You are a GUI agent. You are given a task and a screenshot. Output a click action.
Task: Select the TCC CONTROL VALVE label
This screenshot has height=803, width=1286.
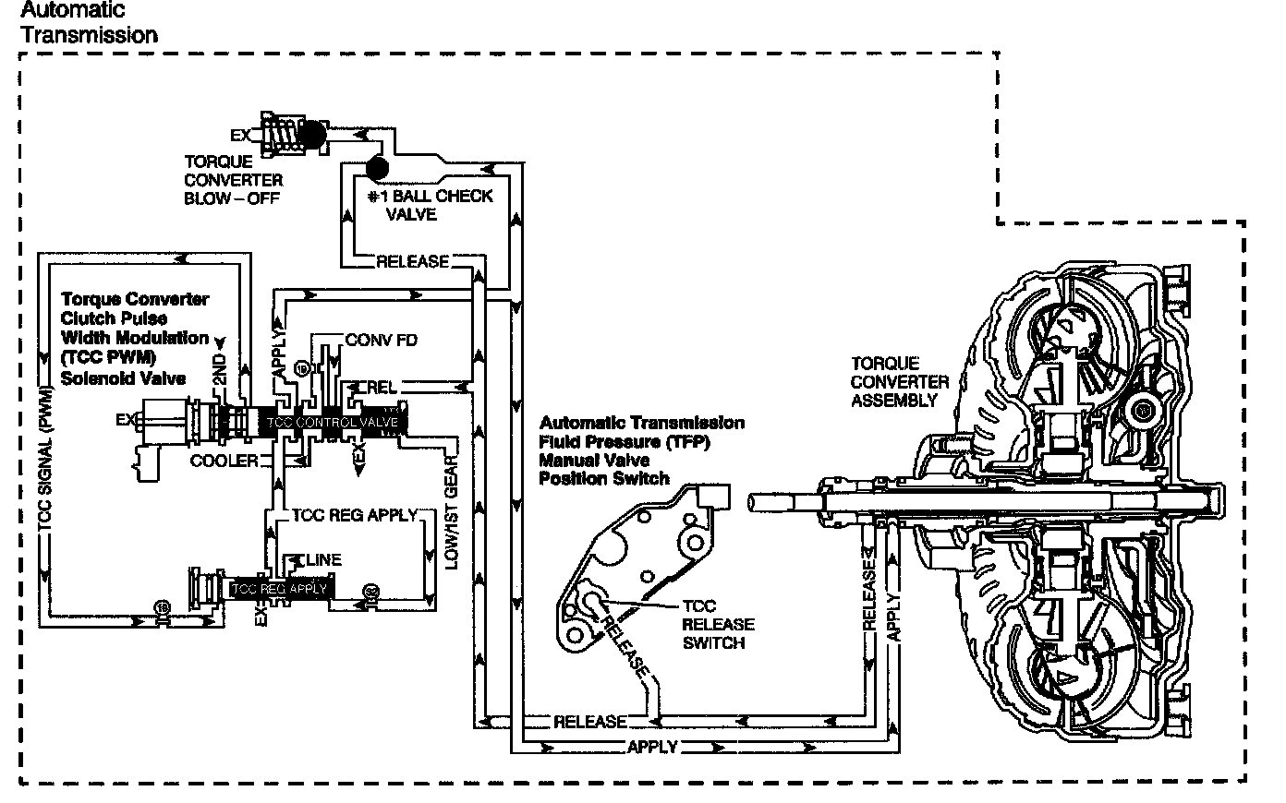pyautogui.click(x=333, y=422)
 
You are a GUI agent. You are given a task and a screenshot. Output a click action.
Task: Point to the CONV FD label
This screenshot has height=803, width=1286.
pyautogui.click(x=381, y=340)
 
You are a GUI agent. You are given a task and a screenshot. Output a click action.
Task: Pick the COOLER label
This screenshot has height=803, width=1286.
pyautogui.click(x=223, y=460)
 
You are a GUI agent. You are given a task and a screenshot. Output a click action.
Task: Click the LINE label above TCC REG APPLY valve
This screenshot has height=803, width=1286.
pyautogui.click(x=321, y=559)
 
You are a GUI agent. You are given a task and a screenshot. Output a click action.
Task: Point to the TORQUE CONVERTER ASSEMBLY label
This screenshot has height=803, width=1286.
pyautogui.click(x=899, y=381)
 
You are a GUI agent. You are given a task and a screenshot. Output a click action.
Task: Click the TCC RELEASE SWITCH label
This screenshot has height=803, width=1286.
pyautogui.click(x=718, y=624)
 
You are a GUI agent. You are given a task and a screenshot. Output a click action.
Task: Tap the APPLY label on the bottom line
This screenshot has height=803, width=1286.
pyautogui.click(x=652, y=747)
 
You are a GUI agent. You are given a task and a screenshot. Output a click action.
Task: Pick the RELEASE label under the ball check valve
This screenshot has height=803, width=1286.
pyautogui.click(x=412, y=261)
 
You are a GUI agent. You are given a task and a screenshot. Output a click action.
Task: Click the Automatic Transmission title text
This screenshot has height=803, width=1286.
pyautogui.click(x=88, y=23)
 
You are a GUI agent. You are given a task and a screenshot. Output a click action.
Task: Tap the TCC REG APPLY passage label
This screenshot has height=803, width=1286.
pyautogui.click(x=354, y=514)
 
